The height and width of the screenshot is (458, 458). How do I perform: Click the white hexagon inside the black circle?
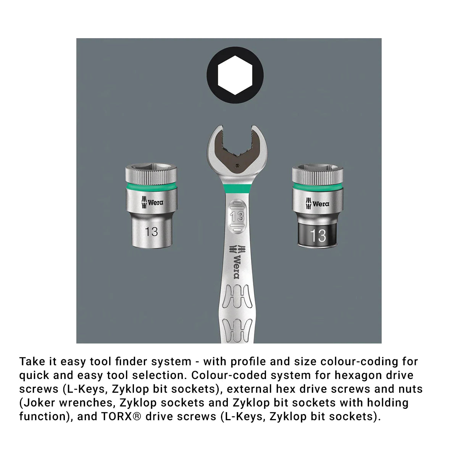235,75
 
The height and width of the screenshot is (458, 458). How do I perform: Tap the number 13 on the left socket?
151,232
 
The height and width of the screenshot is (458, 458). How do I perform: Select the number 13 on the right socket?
318,235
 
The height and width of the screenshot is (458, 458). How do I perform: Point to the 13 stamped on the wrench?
237,216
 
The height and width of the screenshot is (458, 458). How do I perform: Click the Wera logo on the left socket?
152,202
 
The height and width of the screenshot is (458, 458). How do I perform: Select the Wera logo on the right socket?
318,203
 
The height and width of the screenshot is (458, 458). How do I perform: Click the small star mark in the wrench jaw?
237,165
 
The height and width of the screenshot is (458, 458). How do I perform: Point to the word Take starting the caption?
32,361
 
